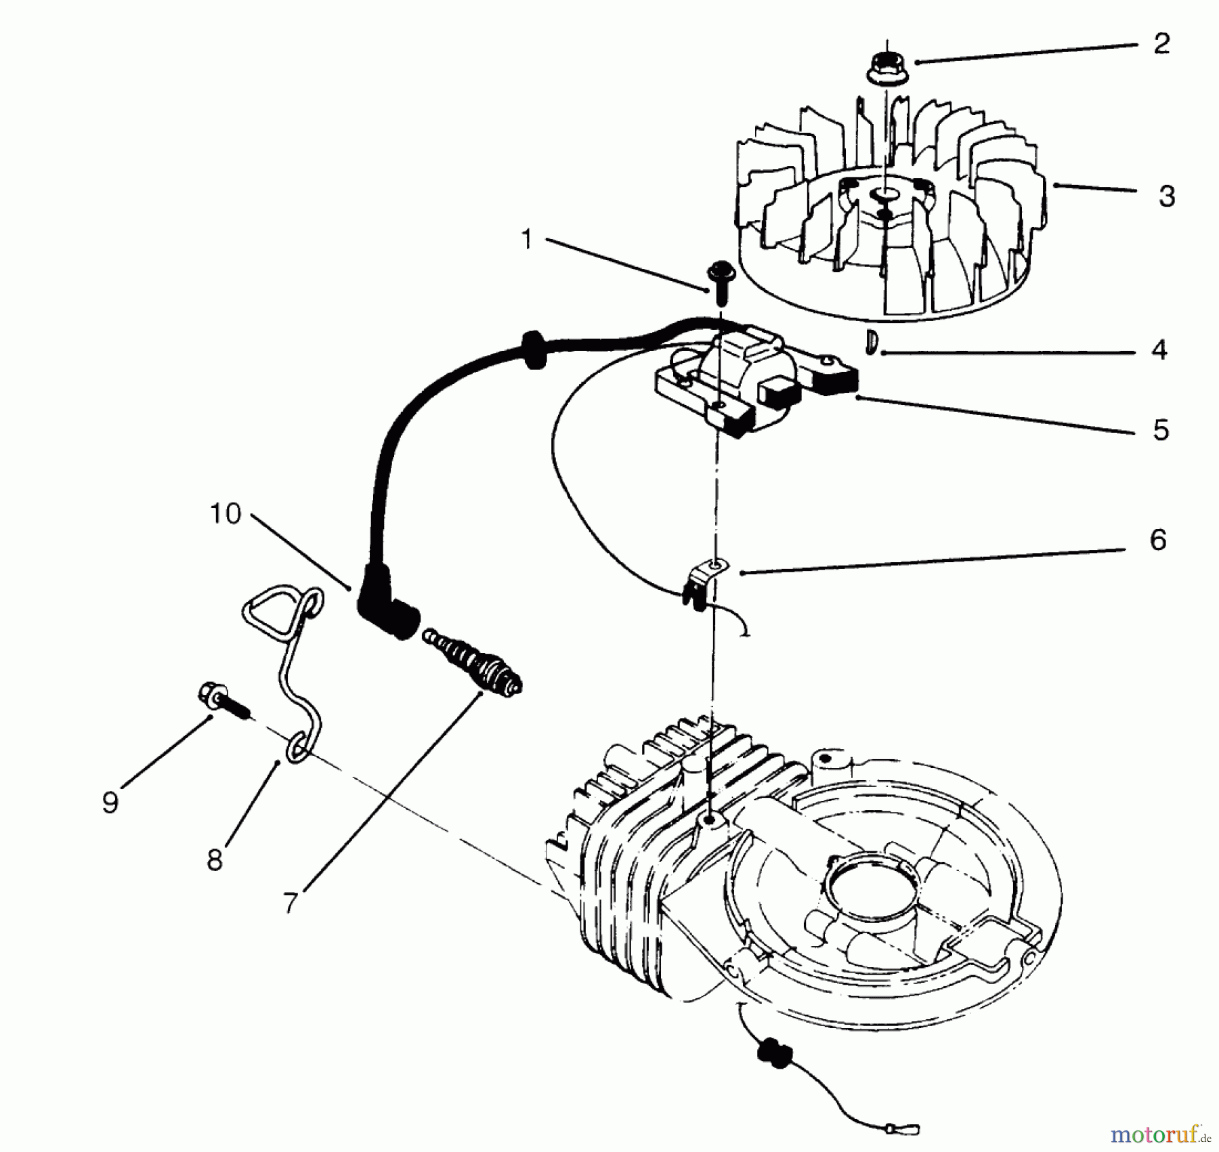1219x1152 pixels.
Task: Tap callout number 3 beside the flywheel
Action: (1166, 196)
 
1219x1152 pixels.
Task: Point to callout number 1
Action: (527, 240)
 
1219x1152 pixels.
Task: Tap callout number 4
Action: (1159, 351)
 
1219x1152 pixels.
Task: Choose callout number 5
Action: (1161, 430)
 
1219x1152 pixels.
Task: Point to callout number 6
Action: (1158, 540)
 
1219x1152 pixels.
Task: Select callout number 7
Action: (291, 901)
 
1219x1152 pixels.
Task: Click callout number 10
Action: (226, 514)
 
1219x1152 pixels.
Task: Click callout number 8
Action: (215, 861)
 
